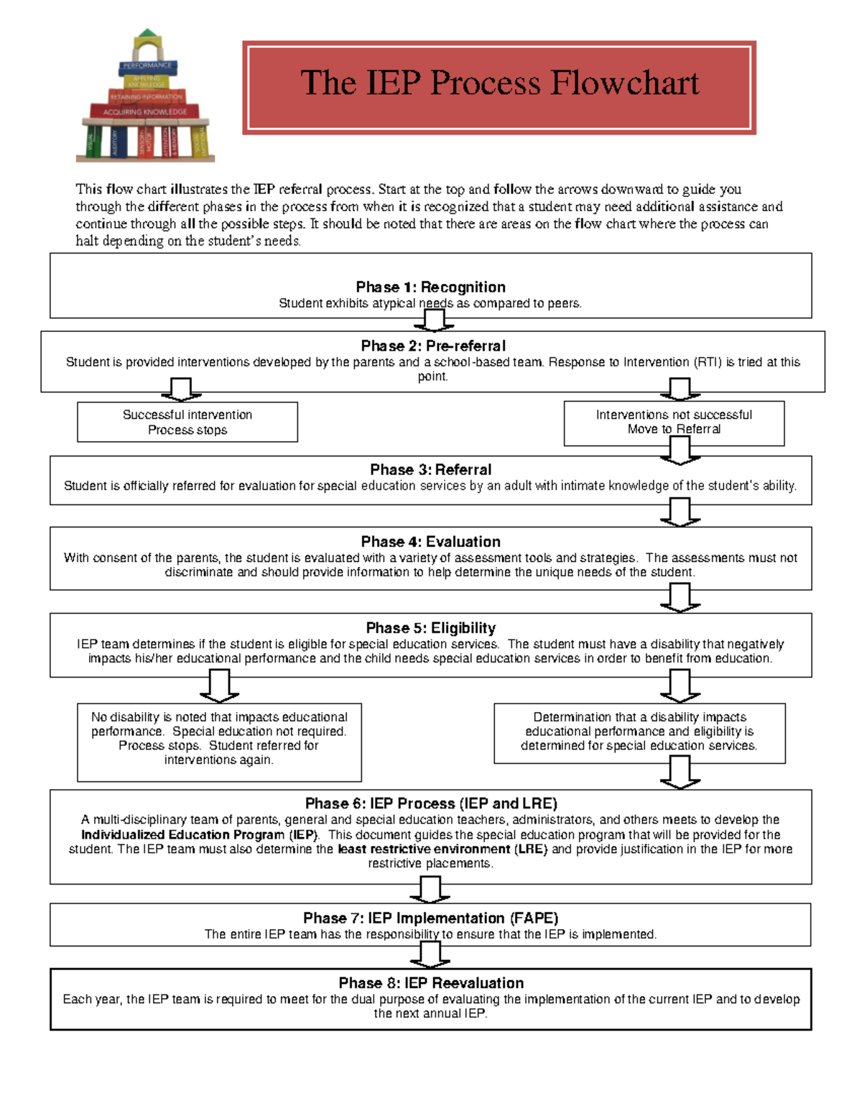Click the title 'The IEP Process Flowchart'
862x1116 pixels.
(x=499, y=83)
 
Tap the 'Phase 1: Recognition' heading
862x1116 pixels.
(x=430, y=287)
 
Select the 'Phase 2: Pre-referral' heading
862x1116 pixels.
(x=433, y=346)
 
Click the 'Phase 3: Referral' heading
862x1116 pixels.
(x=430, y=469)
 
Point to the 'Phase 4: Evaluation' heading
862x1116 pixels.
(x=430, y=541)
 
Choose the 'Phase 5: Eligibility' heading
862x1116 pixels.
(x=430, y=627)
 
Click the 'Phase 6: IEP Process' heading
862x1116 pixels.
(x=431, y=803)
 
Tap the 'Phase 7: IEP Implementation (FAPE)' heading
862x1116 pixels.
(x=430, y=918)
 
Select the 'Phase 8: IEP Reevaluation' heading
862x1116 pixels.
(x=431, y=982)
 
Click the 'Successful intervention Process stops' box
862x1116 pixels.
(x=187, y=422)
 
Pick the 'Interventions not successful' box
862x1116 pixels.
(x=674, y=423)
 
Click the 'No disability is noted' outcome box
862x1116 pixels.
(x=219, y=741)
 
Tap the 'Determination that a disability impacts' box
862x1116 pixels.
(x=639, y=732)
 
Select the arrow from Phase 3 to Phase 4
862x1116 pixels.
(x=680, y=512)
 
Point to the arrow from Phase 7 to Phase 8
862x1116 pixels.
(x=430, y=955)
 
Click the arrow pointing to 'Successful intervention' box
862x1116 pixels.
(x=181, y=389)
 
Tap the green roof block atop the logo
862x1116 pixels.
(x=148, y=34)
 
